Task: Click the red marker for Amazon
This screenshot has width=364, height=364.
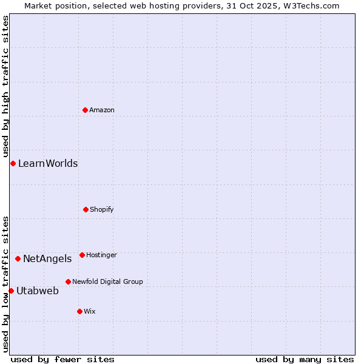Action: coord(86,110)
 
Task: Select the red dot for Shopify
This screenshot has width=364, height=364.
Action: coord(86,209)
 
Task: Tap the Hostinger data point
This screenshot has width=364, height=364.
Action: coord(82,255)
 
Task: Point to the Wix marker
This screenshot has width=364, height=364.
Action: coord(79,311)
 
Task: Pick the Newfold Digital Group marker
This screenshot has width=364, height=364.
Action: coord(68,281)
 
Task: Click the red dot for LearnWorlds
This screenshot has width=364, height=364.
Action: coord(13,163)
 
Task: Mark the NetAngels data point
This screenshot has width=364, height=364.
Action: coord(18,258)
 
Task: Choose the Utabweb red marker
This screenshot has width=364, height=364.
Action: coord(11,291)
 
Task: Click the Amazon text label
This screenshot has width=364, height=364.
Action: coord(102,110)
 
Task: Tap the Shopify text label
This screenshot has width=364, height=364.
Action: coord(102,209)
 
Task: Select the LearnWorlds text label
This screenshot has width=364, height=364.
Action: coord(48,163)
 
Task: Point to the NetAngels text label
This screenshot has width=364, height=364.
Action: coord(47,258)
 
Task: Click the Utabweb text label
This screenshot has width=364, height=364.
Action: coord(38,291)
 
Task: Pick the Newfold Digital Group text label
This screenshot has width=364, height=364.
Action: coord(108,281)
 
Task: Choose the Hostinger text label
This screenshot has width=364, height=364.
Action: coord(102,255)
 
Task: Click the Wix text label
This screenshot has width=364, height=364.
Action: coord(90,311)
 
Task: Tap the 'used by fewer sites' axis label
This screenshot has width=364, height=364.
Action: coord(62,359)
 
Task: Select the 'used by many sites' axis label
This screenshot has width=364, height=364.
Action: coord(305,359)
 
